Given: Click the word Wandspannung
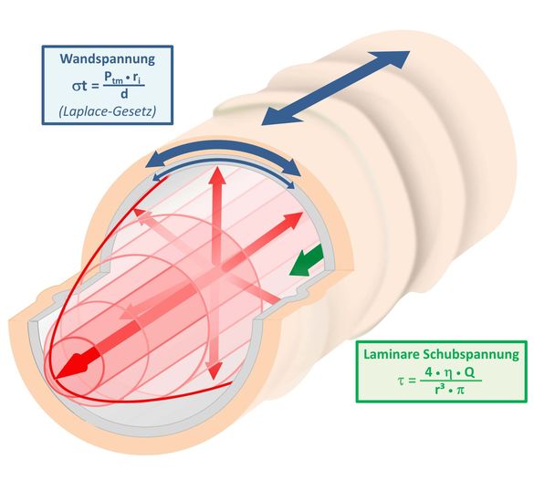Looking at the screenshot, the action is coord(108,59).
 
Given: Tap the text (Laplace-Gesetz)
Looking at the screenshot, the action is coord(108,111).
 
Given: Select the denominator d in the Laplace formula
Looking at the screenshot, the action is coord(124,93).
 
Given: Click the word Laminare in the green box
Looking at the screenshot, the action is coord(391,354).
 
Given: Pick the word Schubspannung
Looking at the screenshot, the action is coord(471,355).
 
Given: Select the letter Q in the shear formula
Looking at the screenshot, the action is coord(468,372).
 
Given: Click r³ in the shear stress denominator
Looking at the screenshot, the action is coord(439,389).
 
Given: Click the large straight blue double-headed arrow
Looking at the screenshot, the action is coord(335,89).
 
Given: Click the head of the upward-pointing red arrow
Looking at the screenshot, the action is coord(217,176).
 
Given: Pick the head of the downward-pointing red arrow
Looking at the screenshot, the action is coord(214,371).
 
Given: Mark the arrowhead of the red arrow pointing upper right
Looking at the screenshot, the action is coord(293,219).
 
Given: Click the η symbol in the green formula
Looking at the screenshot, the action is coord(449,374).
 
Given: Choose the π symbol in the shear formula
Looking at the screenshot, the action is coord(460,390).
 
